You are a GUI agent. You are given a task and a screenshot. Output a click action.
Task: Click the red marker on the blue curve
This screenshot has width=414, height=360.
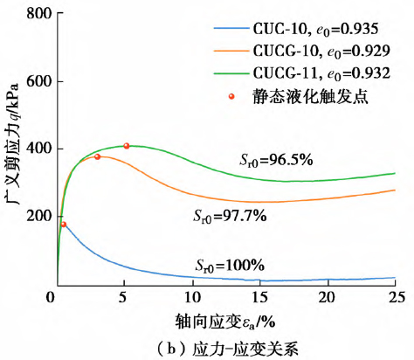(63, 225)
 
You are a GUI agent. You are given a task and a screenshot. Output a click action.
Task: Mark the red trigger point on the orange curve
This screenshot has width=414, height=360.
(97, 156)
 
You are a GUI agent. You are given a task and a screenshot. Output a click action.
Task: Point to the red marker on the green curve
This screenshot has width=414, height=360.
(127, 146)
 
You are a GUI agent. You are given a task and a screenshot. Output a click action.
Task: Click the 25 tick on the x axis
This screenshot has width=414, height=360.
(395, 297)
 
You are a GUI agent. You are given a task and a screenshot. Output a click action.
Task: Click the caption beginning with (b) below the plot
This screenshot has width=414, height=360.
(218, 346)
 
